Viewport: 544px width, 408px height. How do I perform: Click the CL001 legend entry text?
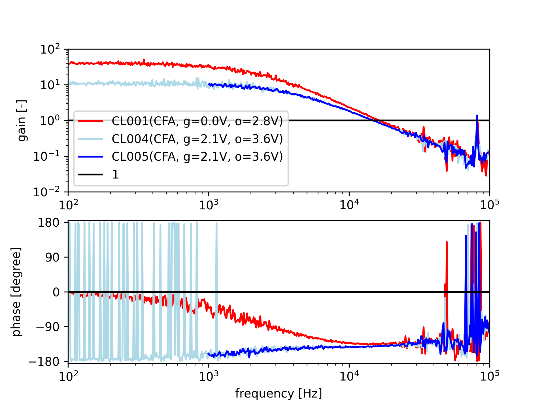coord(197,121)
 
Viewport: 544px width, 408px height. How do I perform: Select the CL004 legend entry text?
coord(197,139)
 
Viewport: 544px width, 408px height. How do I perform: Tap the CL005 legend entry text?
coord(197,156)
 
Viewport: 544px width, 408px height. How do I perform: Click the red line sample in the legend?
coord(90,121)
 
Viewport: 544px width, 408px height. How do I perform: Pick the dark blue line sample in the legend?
coord(90,157)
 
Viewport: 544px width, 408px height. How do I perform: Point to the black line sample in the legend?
coord(90,174)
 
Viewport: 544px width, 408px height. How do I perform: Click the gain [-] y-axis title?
coord(22,120)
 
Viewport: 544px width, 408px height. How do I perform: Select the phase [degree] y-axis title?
coord(16,292)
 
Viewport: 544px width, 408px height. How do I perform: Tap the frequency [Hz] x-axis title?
coord(279,394)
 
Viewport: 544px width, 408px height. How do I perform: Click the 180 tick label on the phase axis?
coord(49,223)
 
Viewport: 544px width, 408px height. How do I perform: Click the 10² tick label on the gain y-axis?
coord(50,50)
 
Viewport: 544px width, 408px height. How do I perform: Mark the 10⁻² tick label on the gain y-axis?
coord(47,192)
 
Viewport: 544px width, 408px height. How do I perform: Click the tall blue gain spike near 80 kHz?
coord(477,116)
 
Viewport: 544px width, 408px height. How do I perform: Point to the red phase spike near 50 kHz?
coord(447,244)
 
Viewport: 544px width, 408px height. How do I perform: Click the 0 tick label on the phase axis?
coord(56,292)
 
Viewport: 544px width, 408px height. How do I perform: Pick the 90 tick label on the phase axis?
coord(52,257)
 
